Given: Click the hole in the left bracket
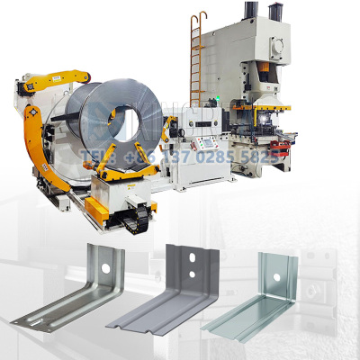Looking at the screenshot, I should tap(106, 268).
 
